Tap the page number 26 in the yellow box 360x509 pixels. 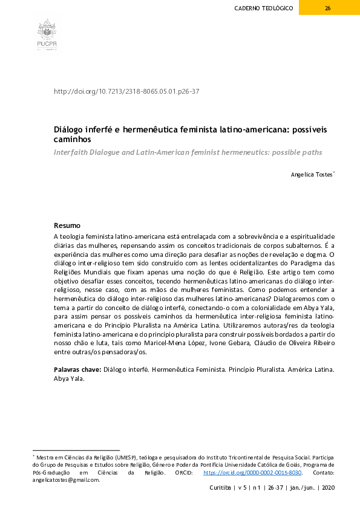coord(327,8)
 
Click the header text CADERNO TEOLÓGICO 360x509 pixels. coord(264,8)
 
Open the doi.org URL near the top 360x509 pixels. coord(126,91)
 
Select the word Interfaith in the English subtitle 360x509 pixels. coord(73,152)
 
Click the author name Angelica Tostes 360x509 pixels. coord(312,175)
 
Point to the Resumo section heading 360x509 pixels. coord(67,225)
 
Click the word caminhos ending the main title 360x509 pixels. coord(73,139)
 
